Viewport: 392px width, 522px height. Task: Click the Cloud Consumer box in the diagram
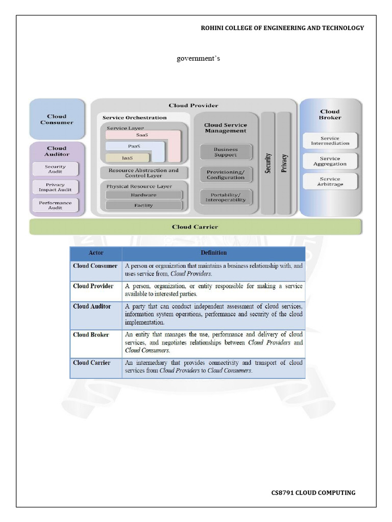pos(57,119)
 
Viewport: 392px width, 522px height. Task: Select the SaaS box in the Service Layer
pos(142,135)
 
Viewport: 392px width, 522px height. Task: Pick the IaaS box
pos(127,158)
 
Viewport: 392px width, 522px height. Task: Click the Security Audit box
pos(55,169)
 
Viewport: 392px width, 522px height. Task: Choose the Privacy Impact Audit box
pos(55,187)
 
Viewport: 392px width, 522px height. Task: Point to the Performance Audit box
pos(55,205)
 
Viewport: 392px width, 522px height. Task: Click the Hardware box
pos(143,195)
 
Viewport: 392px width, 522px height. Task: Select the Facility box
pos(143,205)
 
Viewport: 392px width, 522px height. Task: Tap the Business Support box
pos(225,152)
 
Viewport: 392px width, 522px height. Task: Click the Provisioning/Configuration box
pos(225,175)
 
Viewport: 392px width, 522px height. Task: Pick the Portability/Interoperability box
pos(225,197)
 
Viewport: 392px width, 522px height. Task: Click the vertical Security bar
pos(268,163)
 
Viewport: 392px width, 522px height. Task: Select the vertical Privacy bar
pos(284,163)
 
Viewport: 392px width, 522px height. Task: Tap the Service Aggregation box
pos(330,161)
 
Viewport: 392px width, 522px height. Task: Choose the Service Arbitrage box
pos(330,181)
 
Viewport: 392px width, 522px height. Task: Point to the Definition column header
pos(213,253)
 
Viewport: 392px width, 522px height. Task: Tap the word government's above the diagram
pos(198,59)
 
